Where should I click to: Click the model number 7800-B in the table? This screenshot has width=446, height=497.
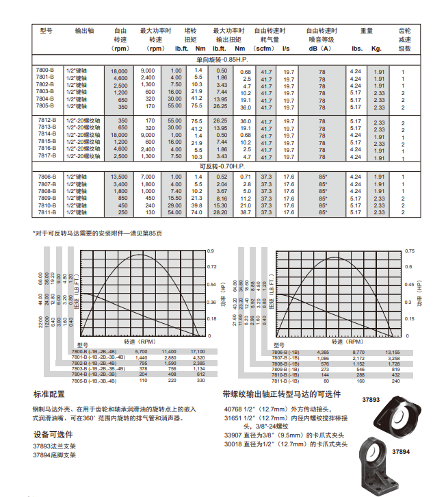click(44, 71)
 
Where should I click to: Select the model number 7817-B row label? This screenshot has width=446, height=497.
click(44, 156)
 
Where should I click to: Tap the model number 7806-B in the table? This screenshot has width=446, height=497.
click(44, 177)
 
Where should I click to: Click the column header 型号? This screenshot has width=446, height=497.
click(46, 31)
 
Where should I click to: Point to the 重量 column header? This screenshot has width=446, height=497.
click(367, 31)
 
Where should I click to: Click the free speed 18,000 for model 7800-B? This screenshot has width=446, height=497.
click(119, 71)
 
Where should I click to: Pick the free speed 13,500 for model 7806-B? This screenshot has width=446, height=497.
click(119, 177)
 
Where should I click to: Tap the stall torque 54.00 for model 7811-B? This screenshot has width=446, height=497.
click(174, 213)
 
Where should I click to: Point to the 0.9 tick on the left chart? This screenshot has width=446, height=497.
click(211, 251)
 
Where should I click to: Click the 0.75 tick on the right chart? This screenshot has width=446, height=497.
click(409, 251)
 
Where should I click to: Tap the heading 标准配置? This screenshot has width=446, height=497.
click(49, 395)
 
